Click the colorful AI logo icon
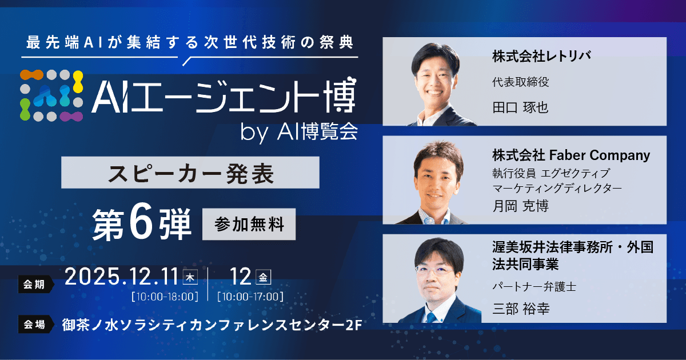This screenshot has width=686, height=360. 52,95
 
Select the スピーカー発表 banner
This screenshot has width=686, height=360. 190,173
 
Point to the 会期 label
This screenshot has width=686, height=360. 34,283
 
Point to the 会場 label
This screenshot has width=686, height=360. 34,324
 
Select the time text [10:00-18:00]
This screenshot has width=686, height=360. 165,297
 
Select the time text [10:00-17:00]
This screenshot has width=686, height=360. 250,297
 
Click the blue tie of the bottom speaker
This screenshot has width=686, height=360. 432,316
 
